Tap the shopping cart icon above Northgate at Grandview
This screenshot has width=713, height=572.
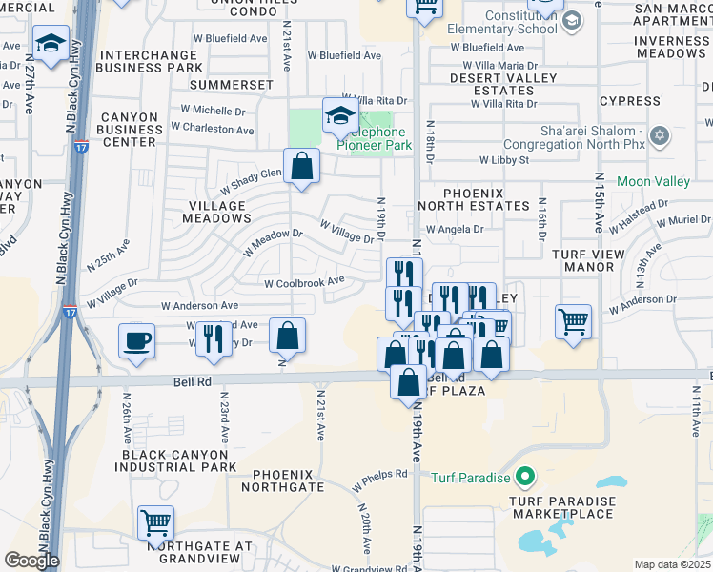(x=155, y=521)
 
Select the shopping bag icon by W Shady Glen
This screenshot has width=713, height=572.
(x=301, y=166)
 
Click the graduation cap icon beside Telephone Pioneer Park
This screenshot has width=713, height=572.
(x=340, y=115)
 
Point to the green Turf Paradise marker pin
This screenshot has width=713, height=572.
(x=523, y=476)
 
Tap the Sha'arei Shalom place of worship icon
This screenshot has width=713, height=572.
(x=659, y=136)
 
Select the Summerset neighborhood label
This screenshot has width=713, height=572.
(x=231, y=85)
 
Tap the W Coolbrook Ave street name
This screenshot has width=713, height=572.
(x=304, y=282)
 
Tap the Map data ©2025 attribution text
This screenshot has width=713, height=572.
(x=672, y=564)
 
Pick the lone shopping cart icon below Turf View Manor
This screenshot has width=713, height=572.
(x=574, y=321)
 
